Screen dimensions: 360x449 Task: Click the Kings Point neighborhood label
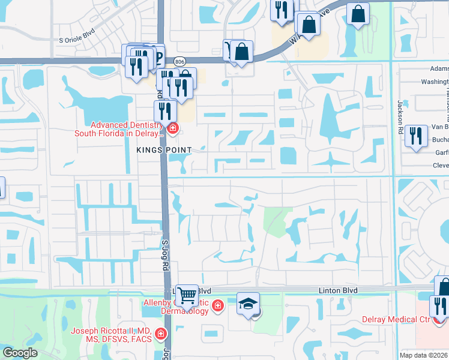click(x=164, y=149)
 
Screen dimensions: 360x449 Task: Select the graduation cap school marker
click(x=248, y=304)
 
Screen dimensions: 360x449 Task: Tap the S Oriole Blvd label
click(x=77, y=40)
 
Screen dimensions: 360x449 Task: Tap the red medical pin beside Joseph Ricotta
click(x=160, y=333)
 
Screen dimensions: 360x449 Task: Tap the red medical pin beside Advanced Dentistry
click(x=173, y=128)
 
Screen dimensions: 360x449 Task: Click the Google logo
click(x=20, y=353)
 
